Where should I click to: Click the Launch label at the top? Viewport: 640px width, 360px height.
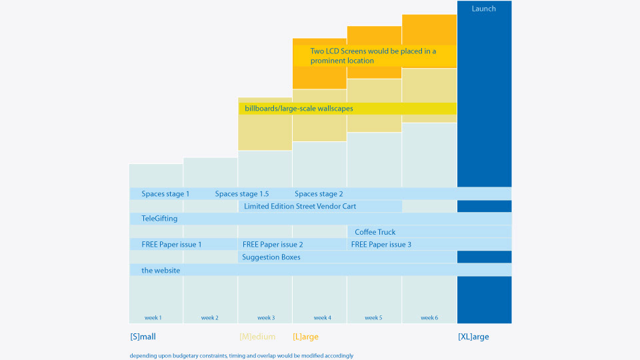[484, 9]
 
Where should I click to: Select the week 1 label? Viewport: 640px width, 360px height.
[153, 317]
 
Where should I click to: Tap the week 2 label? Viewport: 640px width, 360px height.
[210, 317]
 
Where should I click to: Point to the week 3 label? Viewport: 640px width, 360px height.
[266, 317]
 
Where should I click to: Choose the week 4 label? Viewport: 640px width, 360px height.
[323, 317]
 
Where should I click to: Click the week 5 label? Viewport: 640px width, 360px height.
[373, 317]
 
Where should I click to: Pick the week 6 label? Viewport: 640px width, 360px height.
[429, 317]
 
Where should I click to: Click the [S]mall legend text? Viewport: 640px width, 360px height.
[143, 337]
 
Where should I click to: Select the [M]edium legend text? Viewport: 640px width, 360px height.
[257, 337]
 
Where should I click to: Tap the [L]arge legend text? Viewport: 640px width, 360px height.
[306, 337]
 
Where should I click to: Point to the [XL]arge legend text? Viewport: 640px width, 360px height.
[473, 337]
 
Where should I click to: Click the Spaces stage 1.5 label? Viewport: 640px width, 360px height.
[242, 194]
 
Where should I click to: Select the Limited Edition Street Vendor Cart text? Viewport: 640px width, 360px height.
[300, 206]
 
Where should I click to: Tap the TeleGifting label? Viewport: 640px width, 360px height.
[159, 219]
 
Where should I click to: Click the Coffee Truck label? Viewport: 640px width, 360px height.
[375, 232]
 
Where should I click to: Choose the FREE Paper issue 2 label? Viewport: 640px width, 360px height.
[273, 245]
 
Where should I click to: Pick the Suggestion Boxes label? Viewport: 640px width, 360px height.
[271, 257]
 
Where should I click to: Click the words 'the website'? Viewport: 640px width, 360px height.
[161, 270]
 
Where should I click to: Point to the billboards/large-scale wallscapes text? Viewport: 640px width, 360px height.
[299, 109]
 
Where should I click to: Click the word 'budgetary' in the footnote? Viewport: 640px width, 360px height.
[187, 355]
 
